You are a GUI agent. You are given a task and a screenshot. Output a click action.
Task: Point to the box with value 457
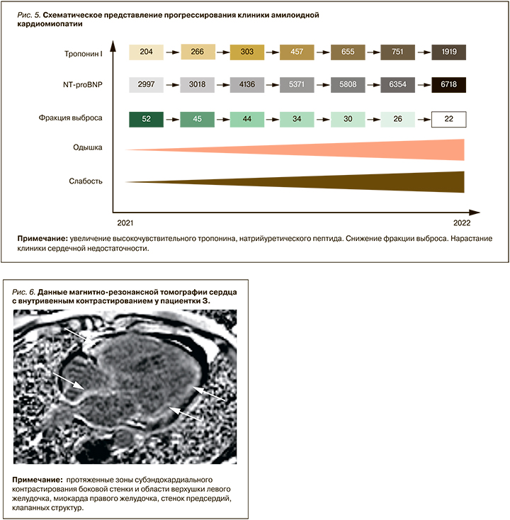click(x=297, y=52)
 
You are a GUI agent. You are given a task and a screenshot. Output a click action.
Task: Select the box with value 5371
click(x=297, y=85)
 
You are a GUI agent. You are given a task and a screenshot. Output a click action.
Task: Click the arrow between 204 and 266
click(x=173, y=52)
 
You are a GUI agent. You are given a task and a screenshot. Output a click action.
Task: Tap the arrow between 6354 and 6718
click(x=423, y=85)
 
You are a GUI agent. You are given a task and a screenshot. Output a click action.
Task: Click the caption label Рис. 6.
click(x=26, y=292)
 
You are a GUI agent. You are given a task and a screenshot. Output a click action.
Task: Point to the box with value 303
click(x=247, y=52)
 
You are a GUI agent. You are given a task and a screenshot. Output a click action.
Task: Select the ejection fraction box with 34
click(x=297, y=118)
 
